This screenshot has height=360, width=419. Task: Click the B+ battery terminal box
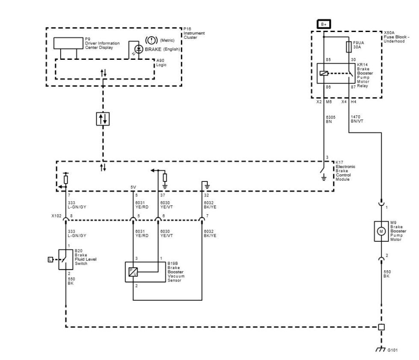tap(324, 24)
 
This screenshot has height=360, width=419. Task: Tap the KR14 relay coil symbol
tap(324, 73)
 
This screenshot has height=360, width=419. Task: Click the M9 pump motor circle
tap(381, 231)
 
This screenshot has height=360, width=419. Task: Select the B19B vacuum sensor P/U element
tap(133, 271)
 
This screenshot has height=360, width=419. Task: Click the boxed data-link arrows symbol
tap(103, 118)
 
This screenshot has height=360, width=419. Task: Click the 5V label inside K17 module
tap(133, 187)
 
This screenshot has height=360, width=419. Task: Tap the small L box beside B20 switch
tap(50, 259)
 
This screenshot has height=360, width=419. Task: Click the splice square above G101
tap(381, 327)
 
